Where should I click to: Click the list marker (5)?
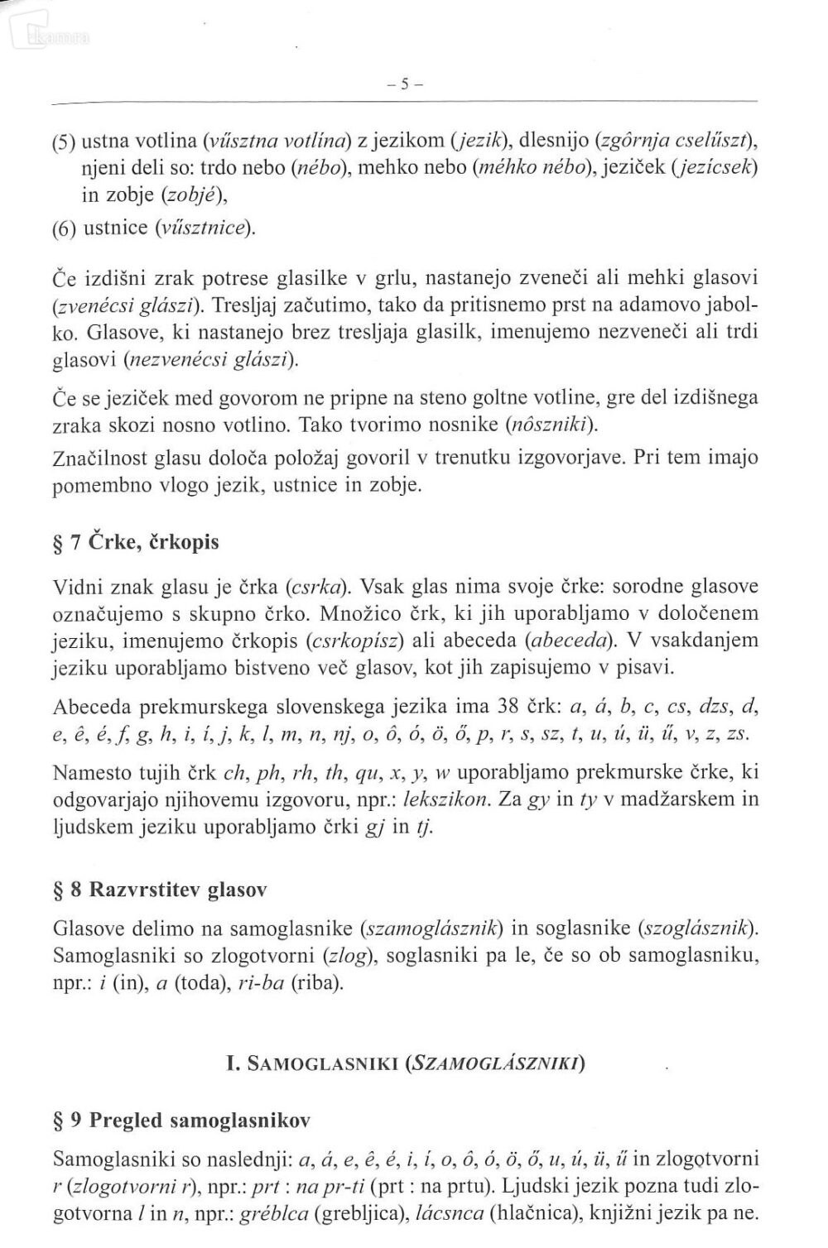tap(65, 140)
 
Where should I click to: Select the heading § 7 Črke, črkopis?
tap(136, 543)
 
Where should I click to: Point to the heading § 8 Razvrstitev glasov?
tap(159, 890)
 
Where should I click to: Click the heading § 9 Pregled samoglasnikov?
tap(181, 1121)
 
